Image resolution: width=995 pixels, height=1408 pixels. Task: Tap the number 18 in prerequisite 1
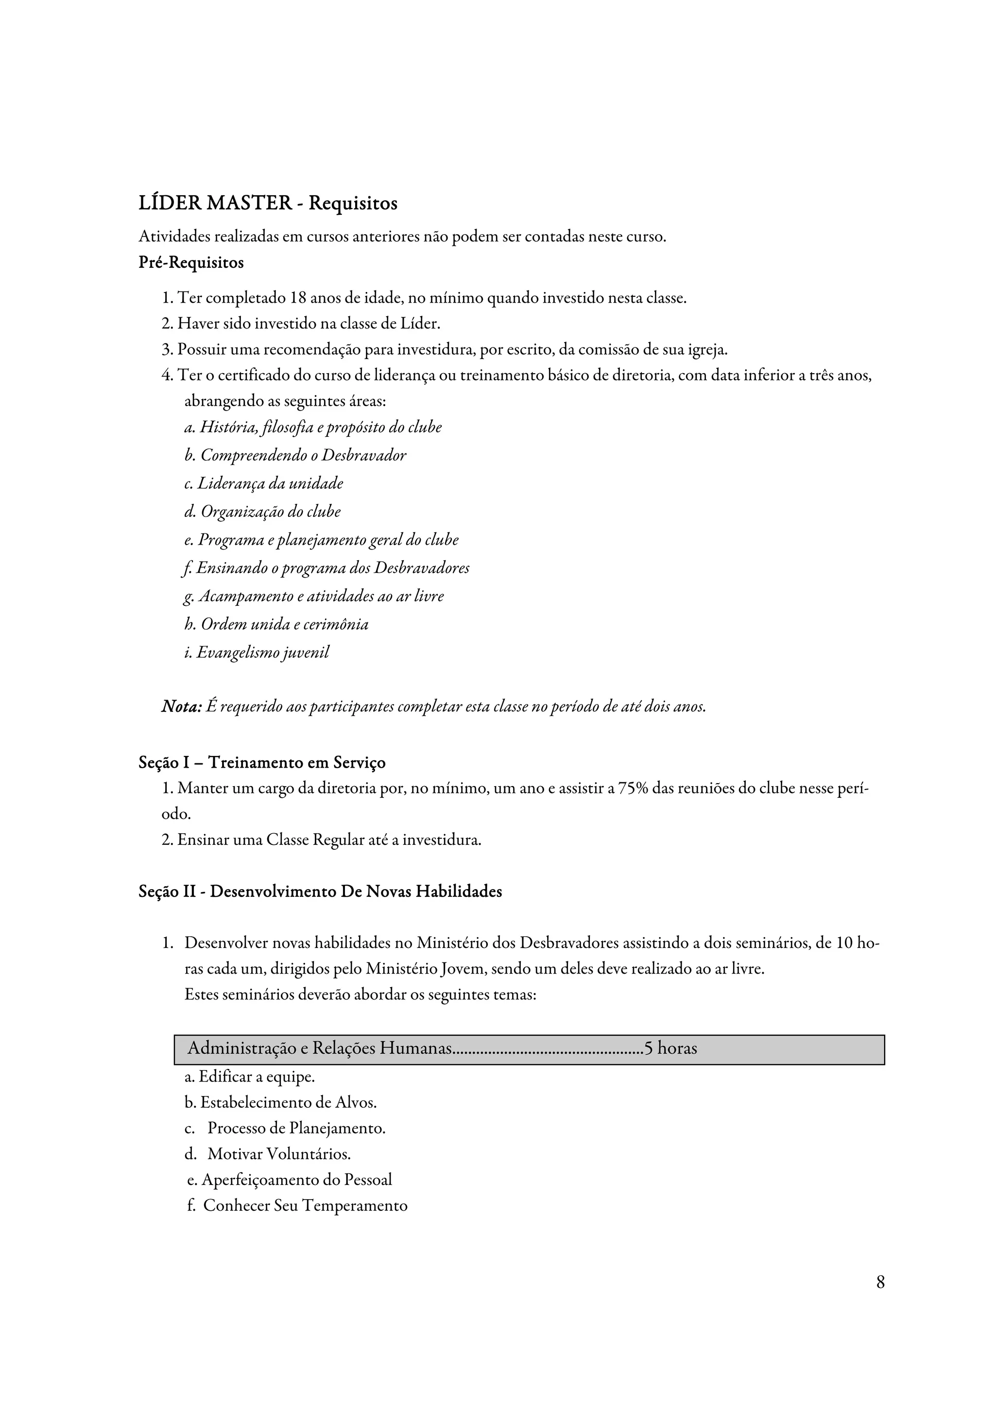(x=298, y=299)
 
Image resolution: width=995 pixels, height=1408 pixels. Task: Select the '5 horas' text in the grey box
(x=670, y=1048)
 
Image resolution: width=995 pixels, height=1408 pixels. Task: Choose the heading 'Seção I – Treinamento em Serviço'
(x=262, y=762)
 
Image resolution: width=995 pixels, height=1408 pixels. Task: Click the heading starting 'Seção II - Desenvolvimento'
(x=320, y=891)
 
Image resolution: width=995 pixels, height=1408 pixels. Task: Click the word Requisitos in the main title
(x=353, y=203)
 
